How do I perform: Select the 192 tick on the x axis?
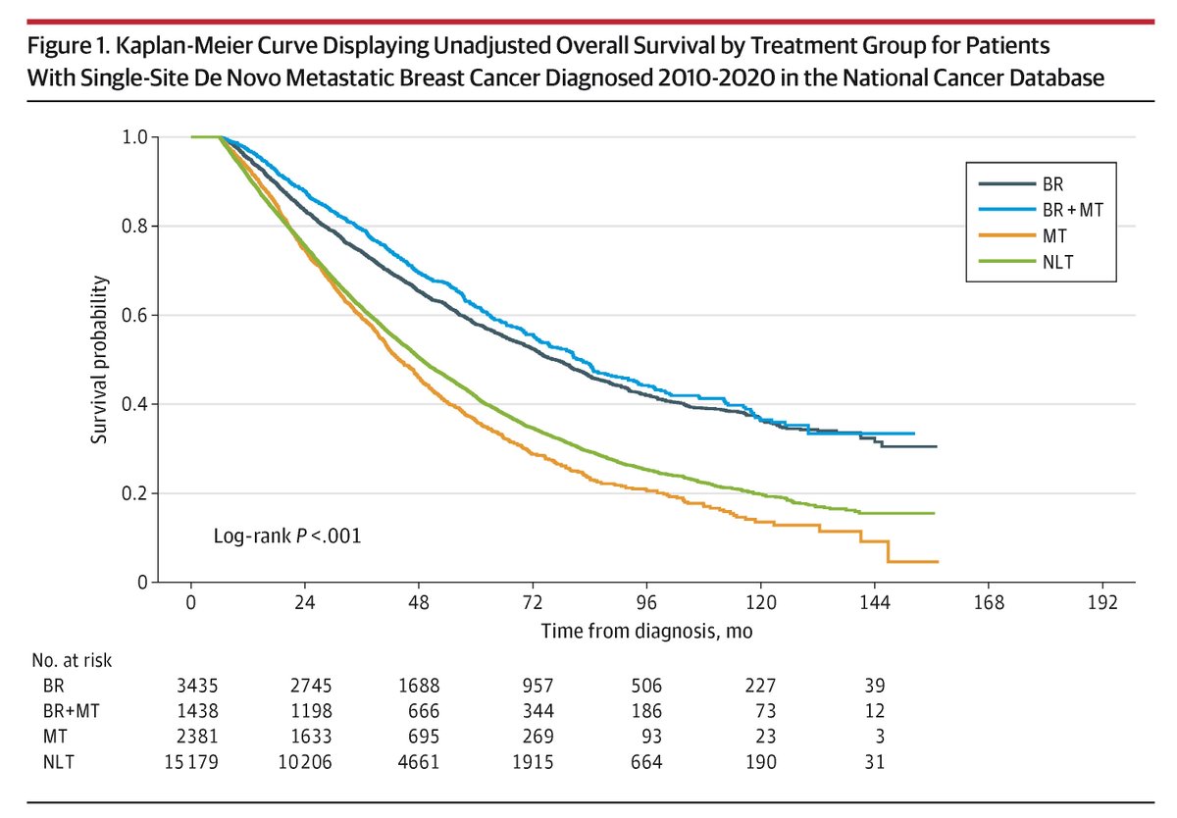[x=1102, y=602]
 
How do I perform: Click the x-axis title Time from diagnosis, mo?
[x=646, y=632]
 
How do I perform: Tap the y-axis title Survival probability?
[x=100, y=360]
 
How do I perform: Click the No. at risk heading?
[x=73, y=661]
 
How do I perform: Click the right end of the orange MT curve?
[x=938, y=562]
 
